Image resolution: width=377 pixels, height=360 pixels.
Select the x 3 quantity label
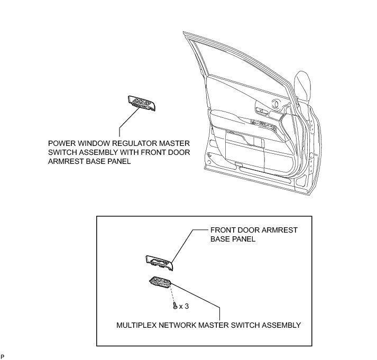tap(184, 306)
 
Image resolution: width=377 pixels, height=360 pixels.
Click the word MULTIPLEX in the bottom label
tap(137, 325)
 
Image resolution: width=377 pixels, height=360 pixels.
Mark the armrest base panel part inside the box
tap(159, 261)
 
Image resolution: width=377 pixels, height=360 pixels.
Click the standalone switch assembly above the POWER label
tap(141, 103)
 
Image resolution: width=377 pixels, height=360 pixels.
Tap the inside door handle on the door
tap(260, 110)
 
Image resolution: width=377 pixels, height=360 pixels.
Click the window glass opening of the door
tap(238, 69)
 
